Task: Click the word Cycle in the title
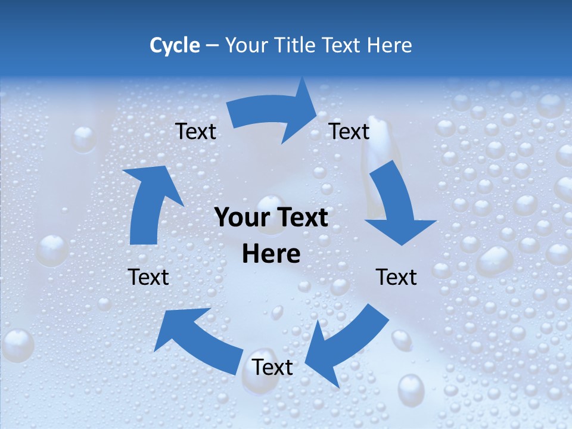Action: pos(175,45)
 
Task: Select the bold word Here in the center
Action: pos(271,254)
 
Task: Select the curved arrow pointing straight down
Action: pos(396,203)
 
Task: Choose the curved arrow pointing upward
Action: pos(149,206)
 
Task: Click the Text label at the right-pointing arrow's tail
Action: pos(195,131)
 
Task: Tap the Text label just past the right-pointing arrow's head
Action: pos(349,131)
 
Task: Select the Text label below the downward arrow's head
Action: pos(396,277)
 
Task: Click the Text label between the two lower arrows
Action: pos(272,367)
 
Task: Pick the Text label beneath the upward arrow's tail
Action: pos(148,277)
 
